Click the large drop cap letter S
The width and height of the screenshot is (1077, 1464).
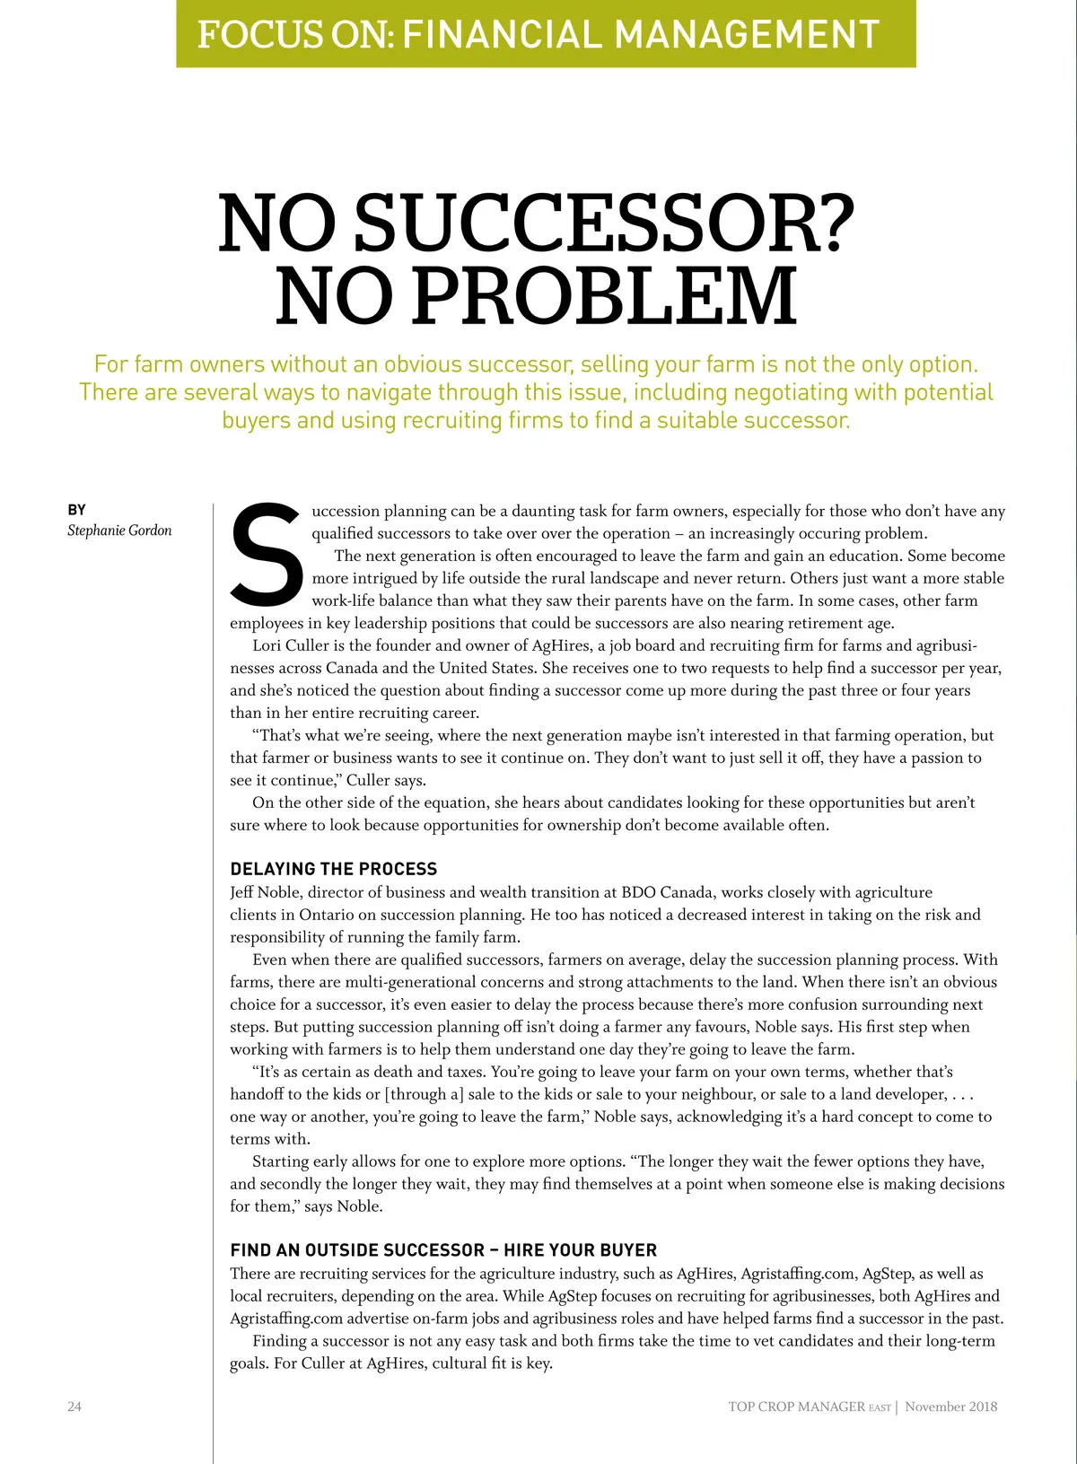coord(267,554)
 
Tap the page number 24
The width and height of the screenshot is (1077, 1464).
coord(74,1407)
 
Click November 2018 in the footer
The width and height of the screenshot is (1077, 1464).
coord(950,1407)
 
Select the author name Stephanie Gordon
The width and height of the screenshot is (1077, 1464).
coord(119,530)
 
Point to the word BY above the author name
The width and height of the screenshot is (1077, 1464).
coord(77,510)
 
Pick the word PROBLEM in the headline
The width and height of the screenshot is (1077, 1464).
coord(604,295)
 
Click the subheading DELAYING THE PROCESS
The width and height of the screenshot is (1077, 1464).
coord(334,869)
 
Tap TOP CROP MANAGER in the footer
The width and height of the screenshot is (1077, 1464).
coord(797,1407)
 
